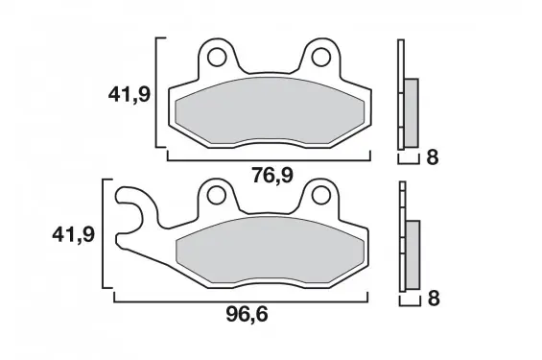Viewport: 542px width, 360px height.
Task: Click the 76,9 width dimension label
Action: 272,176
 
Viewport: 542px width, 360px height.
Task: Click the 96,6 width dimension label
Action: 247,315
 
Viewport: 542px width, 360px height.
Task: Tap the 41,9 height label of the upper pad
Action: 130,94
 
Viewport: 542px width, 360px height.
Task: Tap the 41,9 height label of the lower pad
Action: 73,235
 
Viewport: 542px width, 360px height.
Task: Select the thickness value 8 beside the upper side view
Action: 433,157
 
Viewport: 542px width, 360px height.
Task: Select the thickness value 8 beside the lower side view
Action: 434,299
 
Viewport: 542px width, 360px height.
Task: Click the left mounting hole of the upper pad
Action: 217,57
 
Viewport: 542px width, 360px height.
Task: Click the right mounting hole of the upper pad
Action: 321,57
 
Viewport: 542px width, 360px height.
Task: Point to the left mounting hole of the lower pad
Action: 217,195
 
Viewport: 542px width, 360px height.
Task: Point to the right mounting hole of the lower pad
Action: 320,195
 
